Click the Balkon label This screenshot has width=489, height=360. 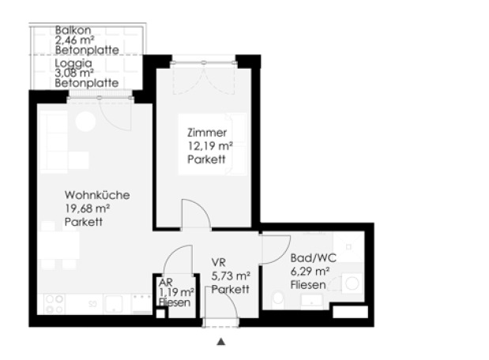click(x=73, y=30)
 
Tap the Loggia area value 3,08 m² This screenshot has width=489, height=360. click(x=74, y=73)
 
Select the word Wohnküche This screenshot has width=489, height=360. click(x=97, y=195)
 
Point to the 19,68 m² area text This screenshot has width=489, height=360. click(x=87, y=208)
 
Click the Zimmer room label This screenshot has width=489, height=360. click(x=207, y=133)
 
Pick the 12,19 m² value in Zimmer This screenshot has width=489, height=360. click(x=210, y=146)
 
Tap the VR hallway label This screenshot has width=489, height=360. click(x=218, y=262)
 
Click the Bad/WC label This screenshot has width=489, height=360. click(x=313, y=258)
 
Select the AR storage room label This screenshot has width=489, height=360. click(x=166, y=283)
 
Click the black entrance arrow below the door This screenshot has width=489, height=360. click(x=221, y=342)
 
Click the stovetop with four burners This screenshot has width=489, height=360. click(x=55, y=304)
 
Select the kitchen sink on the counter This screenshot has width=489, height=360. click(x=113, y=304)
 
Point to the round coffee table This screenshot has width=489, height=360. click(x=85, y=122)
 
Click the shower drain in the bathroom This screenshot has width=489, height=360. click(x=348, y=247)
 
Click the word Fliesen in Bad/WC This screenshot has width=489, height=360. click(x=308, y=284)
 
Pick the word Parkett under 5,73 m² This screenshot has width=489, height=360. click(x=230, y=289)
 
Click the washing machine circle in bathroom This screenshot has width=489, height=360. click(x=352, y=284)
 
